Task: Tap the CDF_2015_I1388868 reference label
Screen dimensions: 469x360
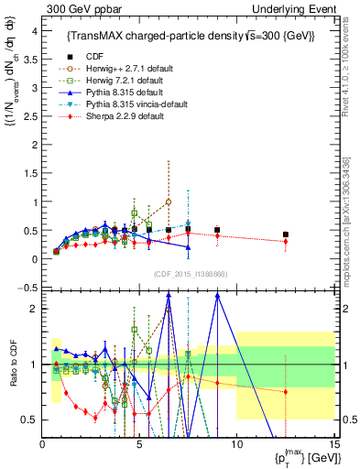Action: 189,274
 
